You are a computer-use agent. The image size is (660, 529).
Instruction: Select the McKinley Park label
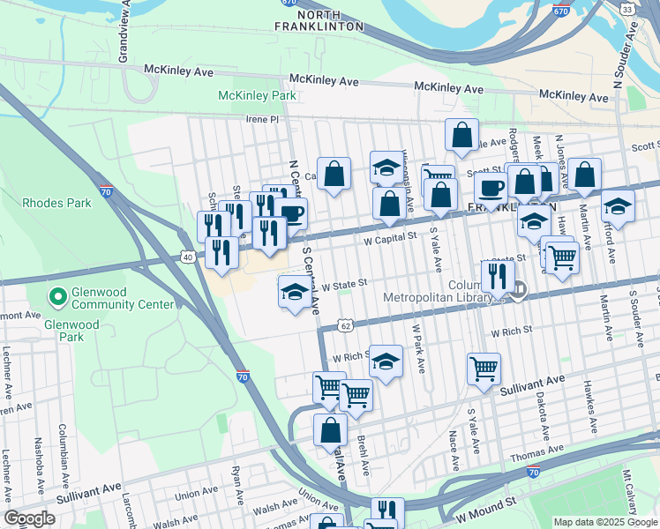(257, 95)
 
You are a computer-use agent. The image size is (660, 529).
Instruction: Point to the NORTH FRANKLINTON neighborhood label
(330, 21)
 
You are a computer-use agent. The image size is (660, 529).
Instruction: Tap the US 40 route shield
(187, 257)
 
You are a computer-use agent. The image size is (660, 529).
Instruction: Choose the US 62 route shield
(346, 325)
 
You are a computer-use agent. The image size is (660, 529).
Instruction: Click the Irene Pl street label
(261, 118)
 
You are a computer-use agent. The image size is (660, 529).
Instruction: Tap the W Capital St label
(390, 237)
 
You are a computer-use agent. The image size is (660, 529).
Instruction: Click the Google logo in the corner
(29, 518)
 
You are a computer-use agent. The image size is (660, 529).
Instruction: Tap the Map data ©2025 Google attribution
(605, 522)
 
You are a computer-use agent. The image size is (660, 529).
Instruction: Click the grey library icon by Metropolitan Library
(520, 288)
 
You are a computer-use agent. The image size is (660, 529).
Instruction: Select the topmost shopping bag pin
(461, 136)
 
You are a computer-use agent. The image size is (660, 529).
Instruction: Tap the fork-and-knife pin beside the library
(498, 276)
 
